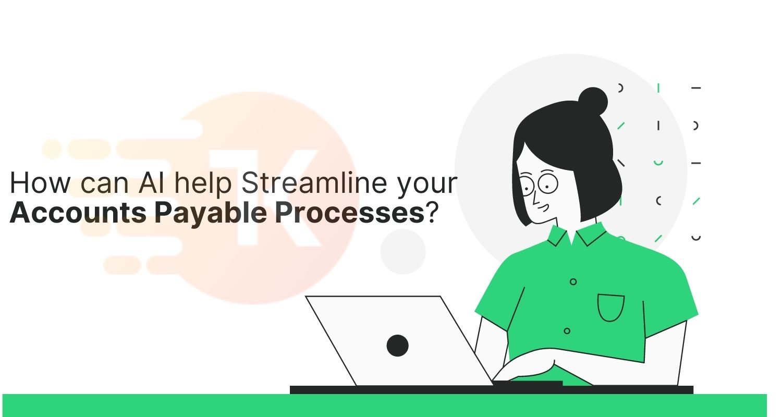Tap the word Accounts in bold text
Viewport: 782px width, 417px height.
[78, 213]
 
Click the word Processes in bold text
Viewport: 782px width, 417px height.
[349, 213]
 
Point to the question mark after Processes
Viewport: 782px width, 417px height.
[432, 213]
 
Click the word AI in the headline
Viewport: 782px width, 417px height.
[151, 182]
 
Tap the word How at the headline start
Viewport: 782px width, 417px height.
[40, 182]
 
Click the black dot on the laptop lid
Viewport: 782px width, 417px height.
[397, 346]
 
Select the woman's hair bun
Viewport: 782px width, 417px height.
[592, 102]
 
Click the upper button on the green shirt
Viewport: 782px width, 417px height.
[573, 281]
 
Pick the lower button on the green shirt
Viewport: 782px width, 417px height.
[567, 330]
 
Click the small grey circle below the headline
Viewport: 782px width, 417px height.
[403, 252]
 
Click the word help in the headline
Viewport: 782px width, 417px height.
[203, 183]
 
